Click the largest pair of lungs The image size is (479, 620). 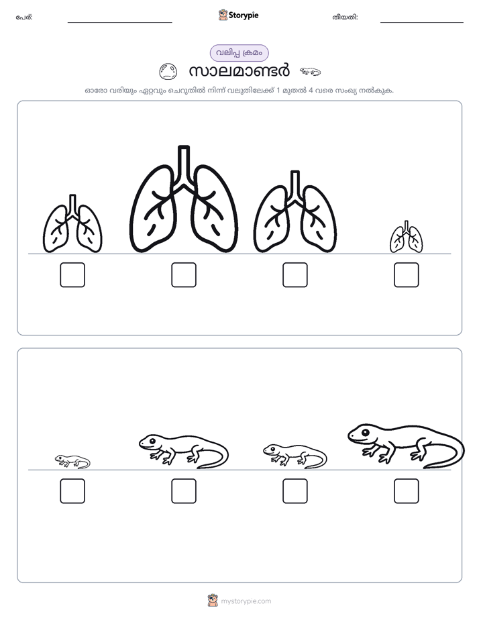(184, 199)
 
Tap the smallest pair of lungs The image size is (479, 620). (407, 238)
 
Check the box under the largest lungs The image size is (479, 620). (184, 275)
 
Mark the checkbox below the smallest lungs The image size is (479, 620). (407, 275)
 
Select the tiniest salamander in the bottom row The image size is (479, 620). (72, 462)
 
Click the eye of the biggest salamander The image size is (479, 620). (365, 432)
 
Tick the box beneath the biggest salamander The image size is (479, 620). (407, 491)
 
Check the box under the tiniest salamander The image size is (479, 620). (72, 491)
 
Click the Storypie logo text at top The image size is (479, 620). (244, 15)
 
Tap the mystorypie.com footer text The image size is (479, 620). (246, 601)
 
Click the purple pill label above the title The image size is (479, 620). (239, 53)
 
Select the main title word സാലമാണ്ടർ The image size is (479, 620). (239, 71)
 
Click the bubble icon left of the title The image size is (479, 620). (168, 72)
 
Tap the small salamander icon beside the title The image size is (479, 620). (310, 72)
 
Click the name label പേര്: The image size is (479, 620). (24, 17)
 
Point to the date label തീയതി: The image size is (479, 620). (345, 17)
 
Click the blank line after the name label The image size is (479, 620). (119, 23)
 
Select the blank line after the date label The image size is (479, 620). (422, 23)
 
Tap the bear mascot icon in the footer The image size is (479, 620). (213, 601)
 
